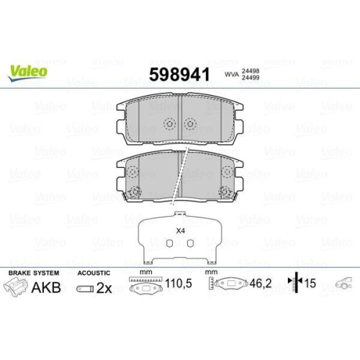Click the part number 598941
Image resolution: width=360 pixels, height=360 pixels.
pos(178,74)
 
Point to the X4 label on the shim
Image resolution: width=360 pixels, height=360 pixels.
pos(180,231)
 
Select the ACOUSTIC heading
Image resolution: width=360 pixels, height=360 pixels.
pos(94,274)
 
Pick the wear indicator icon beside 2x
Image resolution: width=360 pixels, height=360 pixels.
pos(85,289)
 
